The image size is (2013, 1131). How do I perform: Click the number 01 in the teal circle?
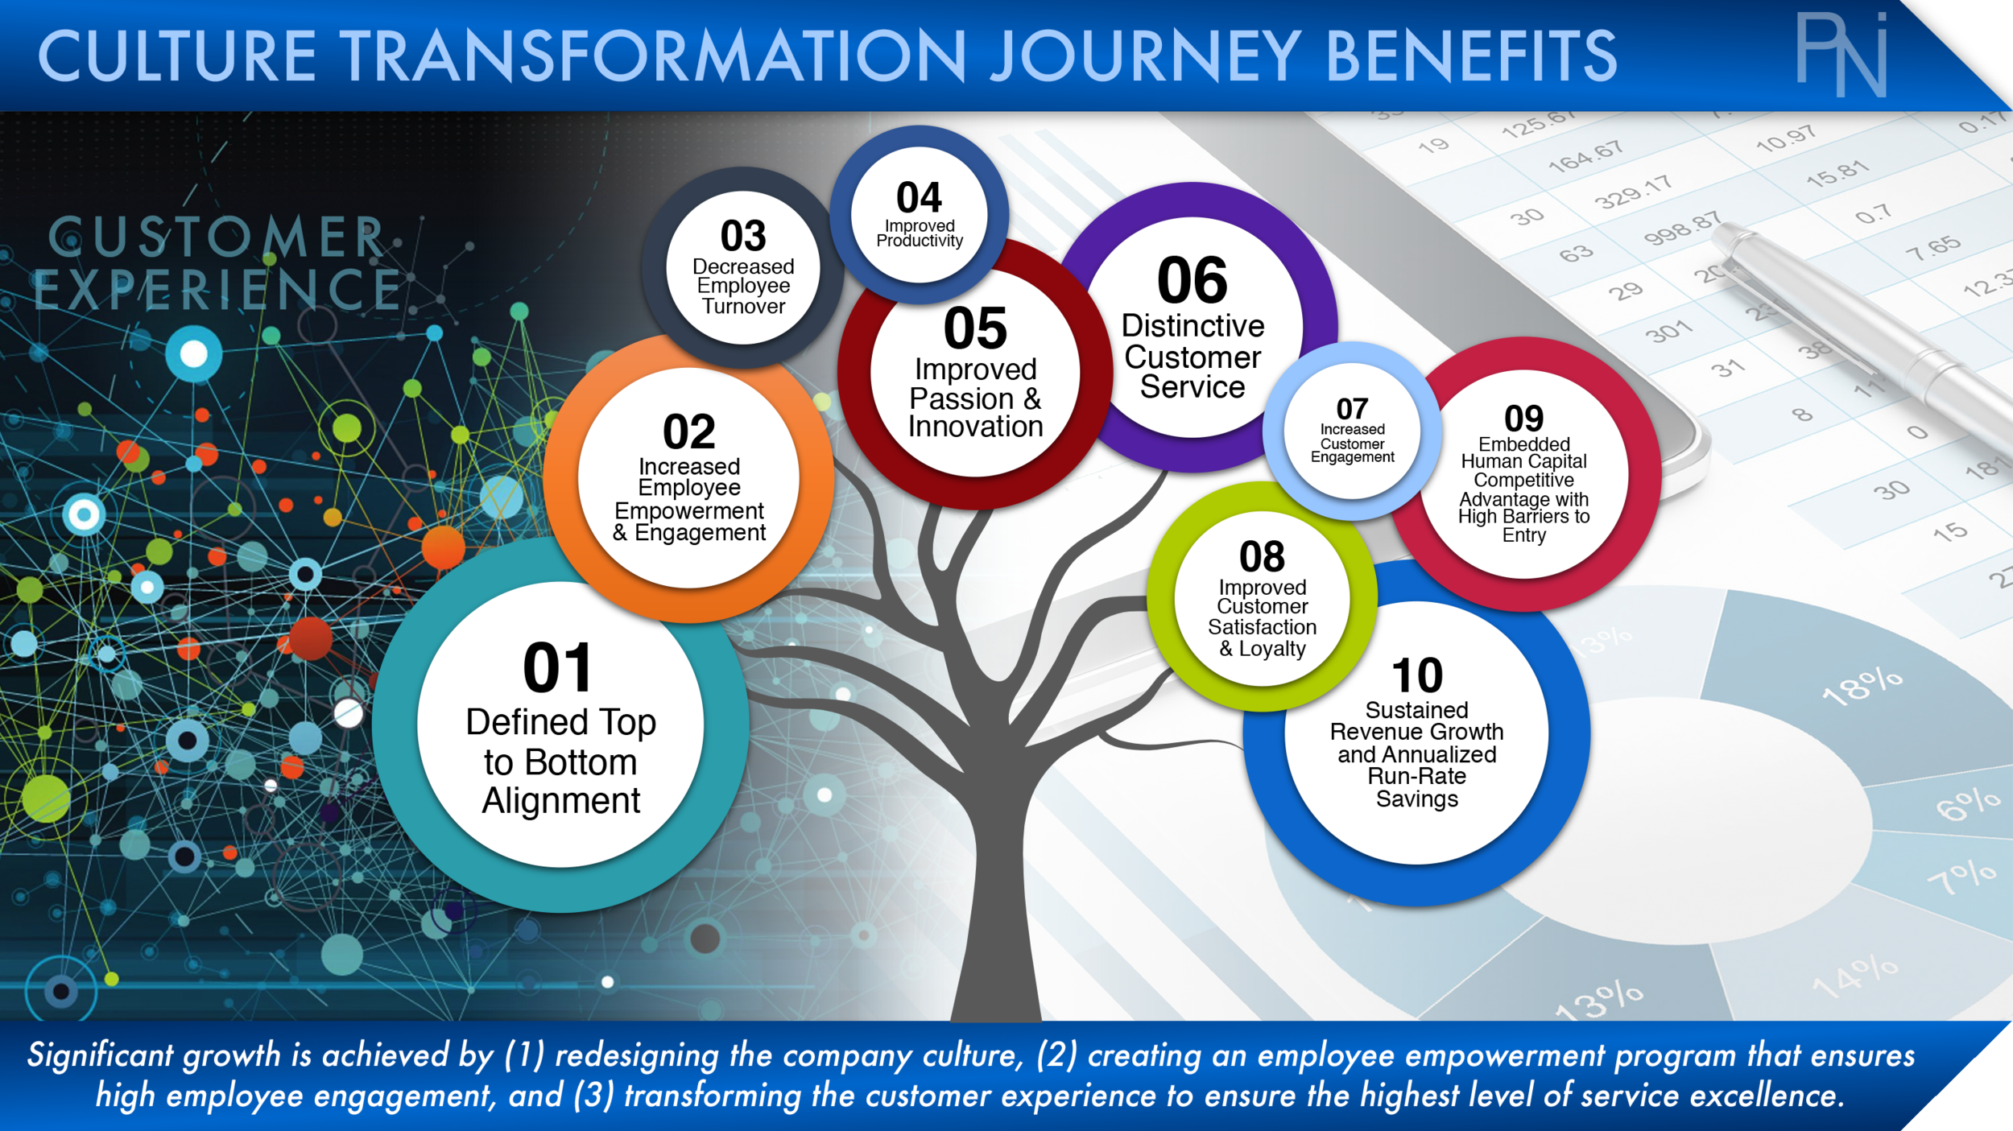(557, 668)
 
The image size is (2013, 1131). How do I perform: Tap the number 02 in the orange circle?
(688, 432)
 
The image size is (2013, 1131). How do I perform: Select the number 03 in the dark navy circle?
(742, 236)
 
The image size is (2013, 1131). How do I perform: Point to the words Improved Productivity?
(920, 233)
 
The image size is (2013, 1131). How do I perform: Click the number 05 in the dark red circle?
(975, 328)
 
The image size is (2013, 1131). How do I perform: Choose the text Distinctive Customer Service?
(1193, 357)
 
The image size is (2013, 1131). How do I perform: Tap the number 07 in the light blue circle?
(1352, 409)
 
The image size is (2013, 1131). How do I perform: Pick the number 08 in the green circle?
(1262, 556)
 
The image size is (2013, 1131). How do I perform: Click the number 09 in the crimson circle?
(1523, 419)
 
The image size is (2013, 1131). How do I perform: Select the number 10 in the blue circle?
(1417, 675)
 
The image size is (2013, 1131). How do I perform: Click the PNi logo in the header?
(1841, 55)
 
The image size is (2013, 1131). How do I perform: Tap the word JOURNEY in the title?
(1144, 56)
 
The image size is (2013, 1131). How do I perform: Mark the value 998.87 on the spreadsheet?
(1681, 229)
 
